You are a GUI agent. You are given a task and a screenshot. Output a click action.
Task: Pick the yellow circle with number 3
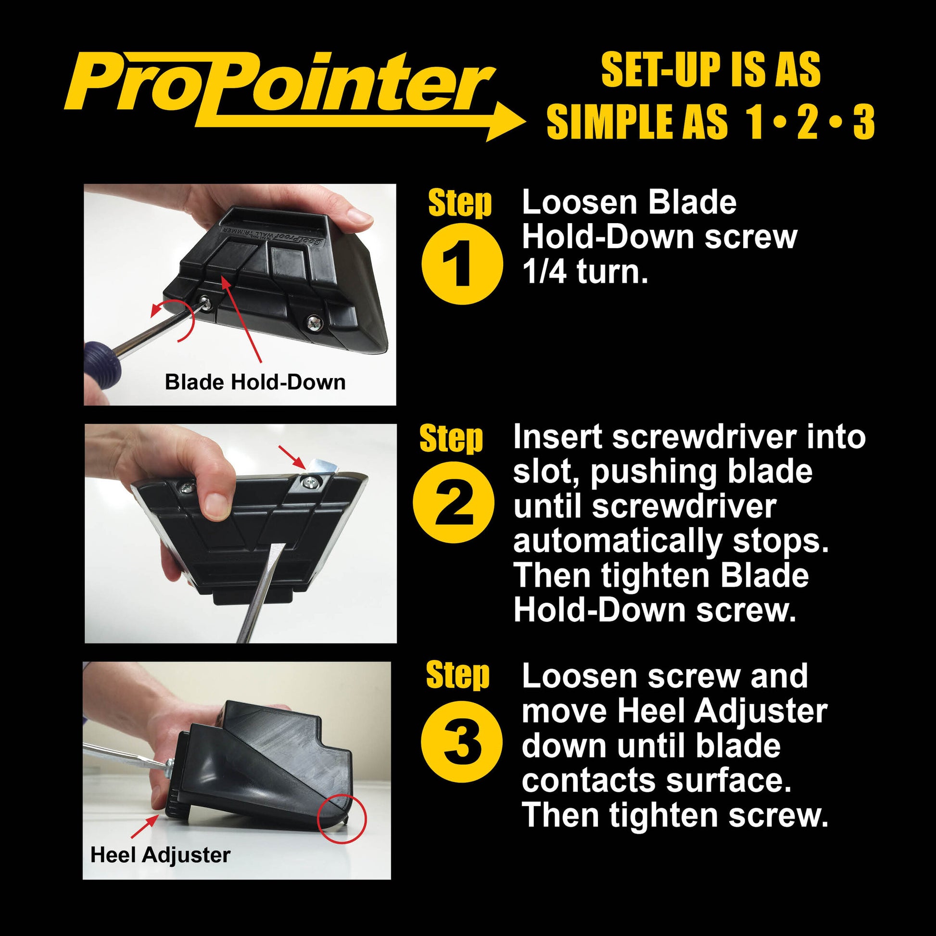coord(461,742)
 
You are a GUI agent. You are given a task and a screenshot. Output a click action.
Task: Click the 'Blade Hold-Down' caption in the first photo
coord(255,382)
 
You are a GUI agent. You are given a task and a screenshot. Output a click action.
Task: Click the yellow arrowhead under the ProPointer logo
coord(506,122)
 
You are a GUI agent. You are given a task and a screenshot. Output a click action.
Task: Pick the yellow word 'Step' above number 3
coord(458,674)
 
